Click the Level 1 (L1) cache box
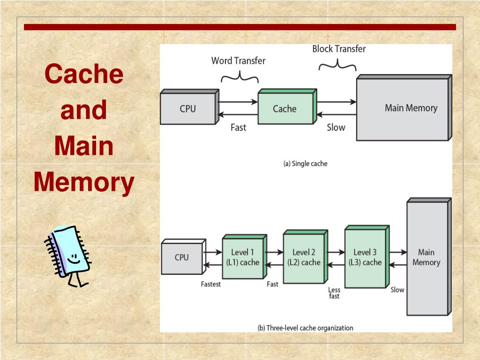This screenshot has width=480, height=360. coord(244,256)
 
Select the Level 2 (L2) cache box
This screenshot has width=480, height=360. coord(306,256)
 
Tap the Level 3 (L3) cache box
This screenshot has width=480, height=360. coord(367,256)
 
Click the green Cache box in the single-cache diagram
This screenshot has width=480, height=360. coord(287,106)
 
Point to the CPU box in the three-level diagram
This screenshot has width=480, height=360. coord(183,256)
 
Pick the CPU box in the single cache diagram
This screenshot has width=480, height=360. coord(189,106)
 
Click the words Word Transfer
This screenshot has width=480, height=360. coord(238,60)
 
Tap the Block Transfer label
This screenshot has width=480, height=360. coord(339,49)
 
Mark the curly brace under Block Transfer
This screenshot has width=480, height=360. coord(337,65)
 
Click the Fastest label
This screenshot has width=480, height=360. coord(210,284)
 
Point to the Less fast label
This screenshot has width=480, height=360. coord(334,293)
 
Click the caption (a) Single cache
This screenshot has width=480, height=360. coord(305,164)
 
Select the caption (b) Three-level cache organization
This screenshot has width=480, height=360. coord(305,328)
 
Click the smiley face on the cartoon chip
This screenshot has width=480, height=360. coord(73,259)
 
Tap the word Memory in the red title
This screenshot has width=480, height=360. coord(84,182)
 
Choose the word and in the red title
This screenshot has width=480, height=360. coord(83,110)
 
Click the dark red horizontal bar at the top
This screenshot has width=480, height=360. coord(240,27)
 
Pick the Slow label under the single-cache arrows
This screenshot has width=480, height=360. coord(336,127)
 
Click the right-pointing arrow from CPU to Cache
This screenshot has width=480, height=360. coord(238,102)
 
